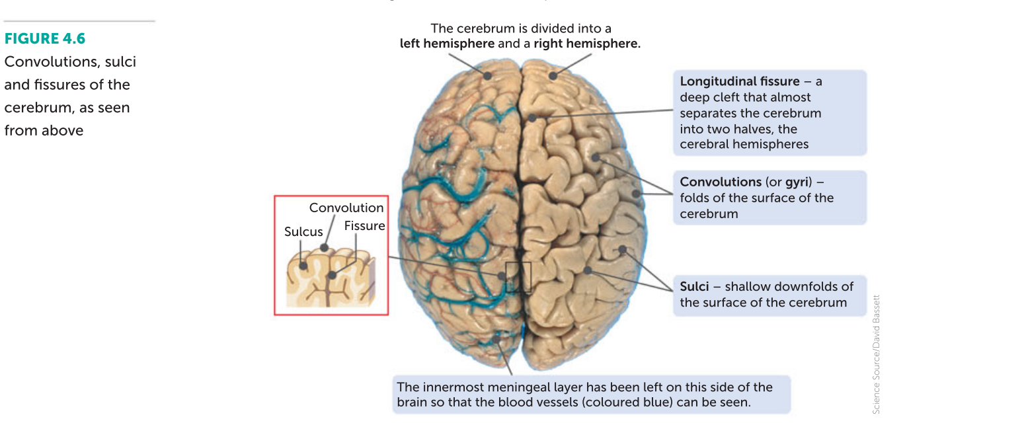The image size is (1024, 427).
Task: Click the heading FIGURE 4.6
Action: click(x=45, y=39)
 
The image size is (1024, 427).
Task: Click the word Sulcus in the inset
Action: click(x=303, y=232)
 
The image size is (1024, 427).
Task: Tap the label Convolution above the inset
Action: click(x=346, y=208)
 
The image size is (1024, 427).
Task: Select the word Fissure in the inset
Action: click(x=364, y=226)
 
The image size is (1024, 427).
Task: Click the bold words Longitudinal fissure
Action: click(x=740, y=81)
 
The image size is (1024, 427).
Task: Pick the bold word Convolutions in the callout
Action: click(x=721, y=182)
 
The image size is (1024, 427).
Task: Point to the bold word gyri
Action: click(x=797, y=182)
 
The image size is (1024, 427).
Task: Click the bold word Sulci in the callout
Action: click(x=694, y=286)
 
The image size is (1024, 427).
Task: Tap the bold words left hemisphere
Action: click(x=446, y=44)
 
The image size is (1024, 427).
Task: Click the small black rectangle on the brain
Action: click(x=518, y=277)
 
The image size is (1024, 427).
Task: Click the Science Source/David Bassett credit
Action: click(x=877, y=354)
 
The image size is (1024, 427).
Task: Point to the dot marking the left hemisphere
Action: click(x=488, y=75)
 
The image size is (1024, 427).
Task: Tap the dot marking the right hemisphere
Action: click(x=553, y=75)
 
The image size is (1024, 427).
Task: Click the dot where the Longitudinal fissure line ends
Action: click(x=532, y=118)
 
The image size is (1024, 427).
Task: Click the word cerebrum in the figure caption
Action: click(x=40, y=108)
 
